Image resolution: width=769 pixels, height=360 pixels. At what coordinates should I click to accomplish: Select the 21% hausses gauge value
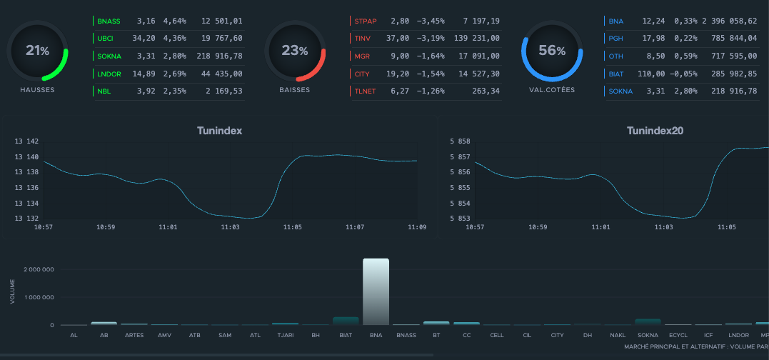click(37, 51)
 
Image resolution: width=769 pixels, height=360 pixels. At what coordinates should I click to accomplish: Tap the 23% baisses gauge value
click(295, 51)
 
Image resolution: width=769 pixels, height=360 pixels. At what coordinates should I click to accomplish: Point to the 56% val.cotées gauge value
click(552, 51)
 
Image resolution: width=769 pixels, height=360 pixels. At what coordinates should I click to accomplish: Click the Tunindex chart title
click(219, 131)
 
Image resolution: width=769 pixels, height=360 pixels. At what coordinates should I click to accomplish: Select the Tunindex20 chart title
click(655, 131)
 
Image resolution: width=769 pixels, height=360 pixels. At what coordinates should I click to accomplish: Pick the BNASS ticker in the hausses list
click(109, 21)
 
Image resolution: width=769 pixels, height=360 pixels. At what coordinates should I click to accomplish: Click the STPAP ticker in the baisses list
click(366, 21)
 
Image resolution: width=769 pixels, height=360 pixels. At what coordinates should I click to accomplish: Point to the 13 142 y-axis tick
click(27, 141)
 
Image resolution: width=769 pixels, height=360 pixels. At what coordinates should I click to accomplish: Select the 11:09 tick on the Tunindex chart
click(417, 227)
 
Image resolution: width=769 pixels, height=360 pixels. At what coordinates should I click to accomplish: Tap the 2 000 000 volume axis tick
click(39, 270)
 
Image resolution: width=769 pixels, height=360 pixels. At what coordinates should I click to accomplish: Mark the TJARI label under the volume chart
click(284, 334)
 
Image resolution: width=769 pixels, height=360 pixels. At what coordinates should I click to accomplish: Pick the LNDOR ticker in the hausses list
click(109, 74)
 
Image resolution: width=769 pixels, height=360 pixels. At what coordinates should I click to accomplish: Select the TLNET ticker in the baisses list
click(366, 91)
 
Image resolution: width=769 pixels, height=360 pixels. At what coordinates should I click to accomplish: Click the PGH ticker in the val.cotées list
click(616, 39)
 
